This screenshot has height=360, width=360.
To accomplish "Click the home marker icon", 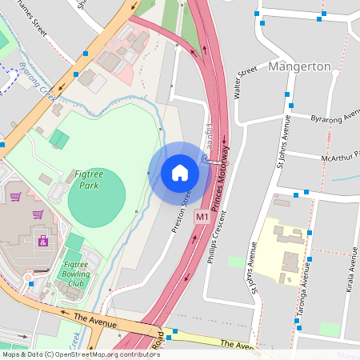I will click(180, 173).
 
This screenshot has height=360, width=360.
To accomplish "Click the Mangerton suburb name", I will click(300, 66).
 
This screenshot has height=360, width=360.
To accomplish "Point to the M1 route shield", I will click(202, 217).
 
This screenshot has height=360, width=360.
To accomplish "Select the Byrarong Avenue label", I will click(335, 118).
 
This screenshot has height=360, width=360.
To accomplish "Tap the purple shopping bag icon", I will click(38, 214).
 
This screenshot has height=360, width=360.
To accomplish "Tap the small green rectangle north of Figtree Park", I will click(58, 138).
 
